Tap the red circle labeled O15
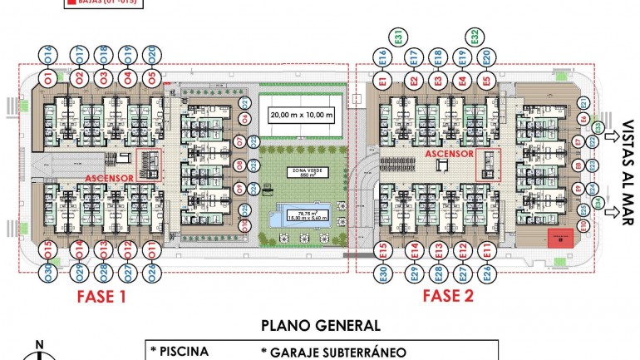pyautogui.click(x=49, y=248)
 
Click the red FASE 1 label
pyautogui.click(x=102, y=297)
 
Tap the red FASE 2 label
pyautogui.click(x=448, y=297)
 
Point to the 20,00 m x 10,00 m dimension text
pyautogui.click(x=300, y=114)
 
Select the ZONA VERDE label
pyautogui.click(x=301, y=171)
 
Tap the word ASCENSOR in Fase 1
pyautogui.click(x=107, y=177)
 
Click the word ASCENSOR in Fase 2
pyautogui.click(x=449, y=154)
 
